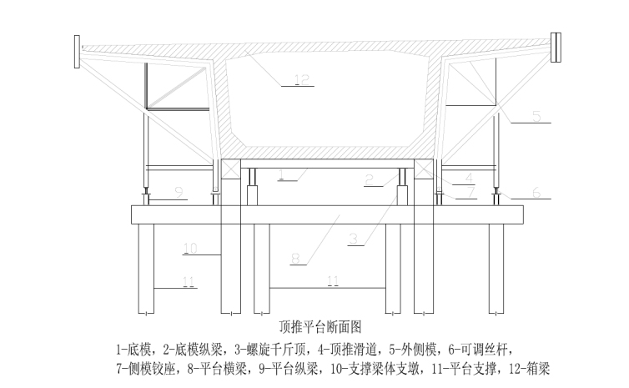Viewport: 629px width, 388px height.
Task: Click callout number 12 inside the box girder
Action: (x=300, y=80)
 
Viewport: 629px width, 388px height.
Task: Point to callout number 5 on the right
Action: (x=536, y=116)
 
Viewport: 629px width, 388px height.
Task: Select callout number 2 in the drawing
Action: (x=369, y=179)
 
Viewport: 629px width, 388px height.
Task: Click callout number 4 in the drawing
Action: (x=469, y=178)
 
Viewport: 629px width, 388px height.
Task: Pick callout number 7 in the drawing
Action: (x=471, y=192)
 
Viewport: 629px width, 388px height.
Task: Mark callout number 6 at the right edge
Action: (x=536, y=192)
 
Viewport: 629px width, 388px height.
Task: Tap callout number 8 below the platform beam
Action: (x=294, y=260)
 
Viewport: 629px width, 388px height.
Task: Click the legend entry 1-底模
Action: (x=133, y=347)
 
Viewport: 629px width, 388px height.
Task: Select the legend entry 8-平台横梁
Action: (x=209, y=367)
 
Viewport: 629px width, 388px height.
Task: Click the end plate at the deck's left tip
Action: (x=78, y=51)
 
